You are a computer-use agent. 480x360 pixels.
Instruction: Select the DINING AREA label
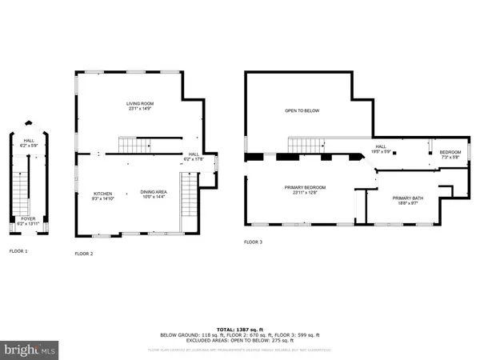154,192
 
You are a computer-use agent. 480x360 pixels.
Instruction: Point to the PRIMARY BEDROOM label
305,187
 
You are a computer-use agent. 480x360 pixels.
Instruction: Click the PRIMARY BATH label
406,198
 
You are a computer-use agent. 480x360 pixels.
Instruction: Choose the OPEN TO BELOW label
302,110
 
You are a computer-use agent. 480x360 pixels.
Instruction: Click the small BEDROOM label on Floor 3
450,152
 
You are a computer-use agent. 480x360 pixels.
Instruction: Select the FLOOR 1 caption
18,251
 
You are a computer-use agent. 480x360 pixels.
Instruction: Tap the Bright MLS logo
30,350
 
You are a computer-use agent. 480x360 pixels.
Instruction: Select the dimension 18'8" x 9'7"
406,204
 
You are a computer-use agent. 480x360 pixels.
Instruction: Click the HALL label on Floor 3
381,146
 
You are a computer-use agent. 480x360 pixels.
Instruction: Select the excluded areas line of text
240,342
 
